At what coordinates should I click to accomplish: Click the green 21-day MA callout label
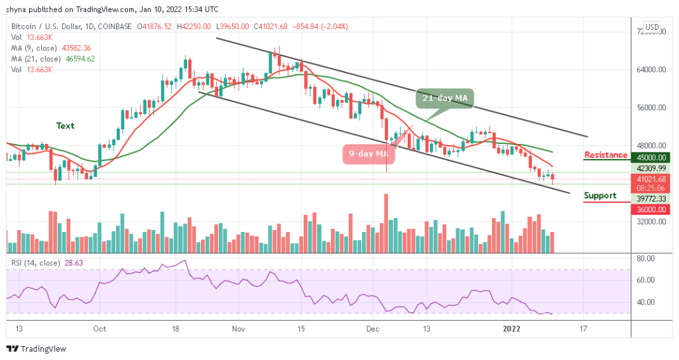pos(445,98)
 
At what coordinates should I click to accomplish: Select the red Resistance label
pos(605,155)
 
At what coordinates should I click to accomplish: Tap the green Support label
pos(599,196)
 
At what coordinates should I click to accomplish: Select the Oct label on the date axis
pos(99,328)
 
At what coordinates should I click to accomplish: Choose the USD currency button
pos(652,27)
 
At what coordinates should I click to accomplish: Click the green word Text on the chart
pos(65,125)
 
